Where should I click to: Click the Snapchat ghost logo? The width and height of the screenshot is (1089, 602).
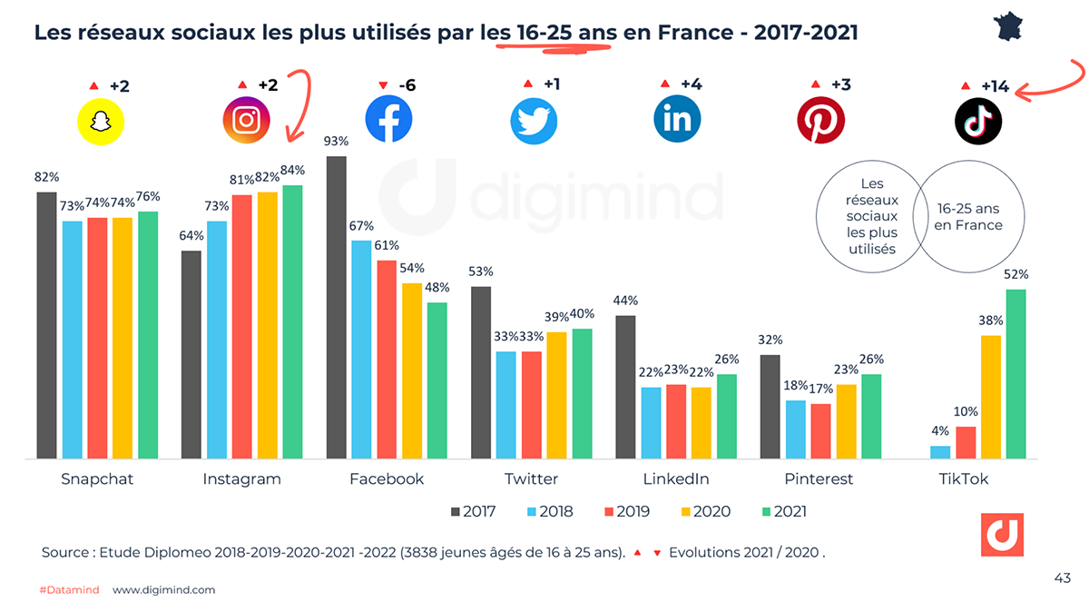pyautogui.click(x=99, y=120)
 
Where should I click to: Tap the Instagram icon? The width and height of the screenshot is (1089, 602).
pyautogui.click(x=247, y=120)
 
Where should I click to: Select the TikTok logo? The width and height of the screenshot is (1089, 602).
pyautogui.click(x=978, y=120)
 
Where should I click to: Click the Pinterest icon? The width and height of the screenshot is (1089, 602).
pyautogui.click(x=820, y=120)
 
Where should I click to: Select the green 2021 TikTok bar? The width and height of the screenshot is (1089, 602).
pyautogui.click(x=1015, y=373)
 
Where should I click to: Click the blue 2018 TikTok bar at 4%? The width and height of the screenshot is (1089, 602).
pyautogui.click(x=940, y=451)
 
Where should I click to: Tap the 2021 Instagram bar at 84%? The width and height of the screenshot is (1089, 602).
pyautogui.click(x=292, y=321)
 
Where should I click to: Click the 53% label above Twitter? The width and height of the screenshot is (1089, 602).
pyautogui.click(x=481, y=271)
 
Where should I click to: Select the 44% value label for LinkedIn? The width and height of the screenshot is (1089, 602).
pyautogui.click(x=625, y=301)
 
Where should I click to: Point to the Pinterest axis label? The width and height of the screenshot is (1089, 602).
pyautogui.click(x=819, y=479)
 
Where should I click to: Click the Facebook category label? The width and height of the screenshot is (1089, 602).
pyautogui.click(x=387, y=479)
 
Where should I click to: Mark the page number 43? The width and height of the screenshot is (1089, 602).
pyautogui.click(x=1062, y=577)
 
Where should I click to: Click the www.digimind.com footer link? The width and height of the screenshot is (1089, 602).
pyautogui.click(x=164, y=589)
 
